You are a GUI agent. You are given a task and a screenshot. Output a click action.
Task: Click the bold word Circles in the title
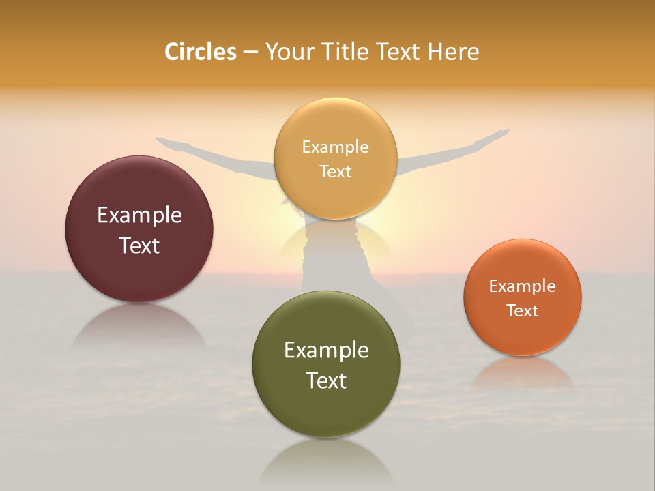(x=201, y=52)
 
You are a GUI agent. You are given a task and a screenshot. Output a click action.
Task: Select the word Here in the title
(x=453, y=52)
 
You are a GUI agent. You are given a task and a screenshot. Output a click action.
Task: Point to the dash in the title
(x=250, y=53)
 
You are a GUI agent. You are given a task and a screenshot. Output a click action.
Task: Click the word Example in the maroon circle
(x=139, y=215)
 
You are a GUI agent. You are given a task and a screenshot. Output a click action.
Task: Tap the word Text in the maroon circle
(x=139, y=245)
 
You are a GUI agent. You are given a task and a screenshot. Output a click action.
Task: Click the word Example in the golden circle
(x=335, y=147)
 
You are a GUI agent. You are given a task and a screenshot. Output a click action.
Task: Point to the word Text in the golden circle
(x=335, y=171)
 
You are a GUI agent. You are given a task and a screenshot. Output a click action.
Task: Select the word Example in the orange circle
(x=523, y=286)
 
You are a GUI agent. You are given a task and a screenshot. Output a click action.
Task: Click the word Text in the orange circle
(x=523, y=310)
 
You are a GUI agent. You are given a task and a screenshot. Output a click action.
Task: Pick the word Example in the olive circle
(x=326, y=350)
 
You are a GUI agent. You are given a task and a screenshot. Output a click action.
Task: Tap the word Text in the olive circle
(x=326, y=380)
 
